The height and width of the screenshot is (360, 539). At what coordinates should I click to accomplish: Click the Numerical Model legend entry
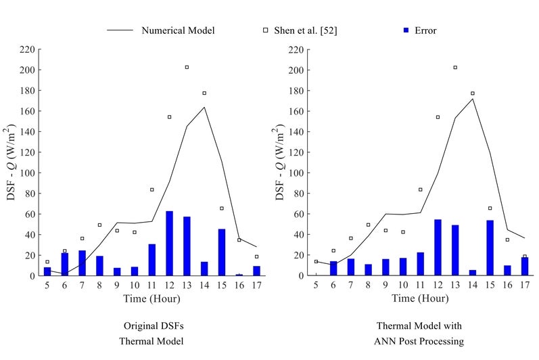(x=179, y=30)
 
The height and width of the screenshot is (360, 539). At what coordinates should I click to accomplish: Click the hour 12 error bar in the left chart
(x=170, y=244)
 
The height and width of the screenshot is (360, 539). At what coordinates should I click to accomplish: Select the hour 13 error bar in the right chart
(x=455, y=250)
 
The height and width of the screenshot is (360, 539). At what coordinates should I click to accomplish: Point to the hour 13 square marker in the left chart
(x=187, y=67)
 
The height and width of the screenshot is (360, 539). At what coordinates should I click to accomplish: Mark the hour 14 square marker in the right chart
(x=473, y=93)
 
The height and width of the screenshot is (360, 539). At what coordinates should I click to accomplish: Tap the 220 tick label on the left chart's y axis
(x=27, y=49)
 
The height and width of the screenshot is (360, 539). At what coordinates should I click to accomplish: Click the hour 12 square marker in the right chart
(x=438, y=117)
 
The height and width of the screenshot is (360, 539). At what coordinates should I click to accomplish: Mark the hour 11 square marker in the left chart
(x=152, y=189)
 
